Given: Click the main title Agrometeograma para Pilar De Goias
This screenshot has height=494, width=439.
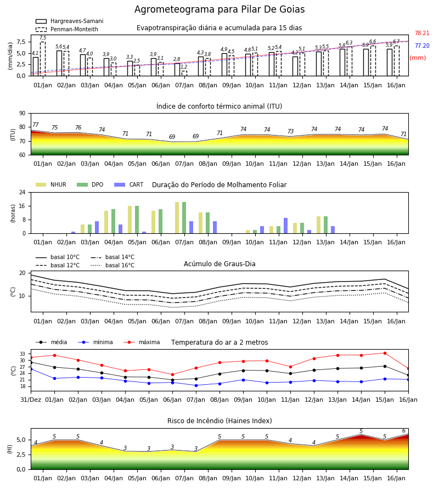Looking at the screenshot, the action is pos(219,9).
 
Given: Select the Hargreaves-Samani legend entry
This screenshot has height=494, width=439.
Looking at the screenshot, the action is pos(69,21).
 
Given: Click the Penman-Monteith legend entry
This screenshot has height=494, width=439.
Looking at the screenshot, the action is pos(67,29).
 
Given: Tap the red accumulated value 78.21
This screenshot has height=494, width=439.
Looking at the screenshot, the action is pos(422,33).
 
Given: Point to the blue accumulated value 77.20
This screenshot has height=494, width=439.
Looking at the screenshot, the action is pos(422,46).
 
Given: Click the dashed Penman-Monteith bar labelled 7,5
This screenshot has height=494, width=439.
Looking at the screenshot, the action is pos(43,59).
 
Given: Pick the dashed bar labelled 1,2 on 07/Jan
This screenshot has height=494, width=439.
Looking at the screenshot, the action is pos(184,74).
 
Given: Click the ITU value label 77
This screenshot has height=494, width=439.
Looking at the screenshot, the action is pos(36,125).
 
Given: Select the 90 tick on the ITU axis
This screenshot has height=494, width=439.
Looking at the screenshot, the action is pos(22,114).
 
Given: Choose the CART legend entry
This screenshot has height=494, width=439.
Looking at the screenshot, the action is pos(129,184).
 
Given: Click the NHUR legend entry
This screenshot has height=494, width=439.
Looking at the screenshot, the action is pos(51,184).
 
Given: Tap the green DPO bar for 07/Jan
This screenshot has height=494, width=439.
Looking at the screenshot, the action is pos(184,218).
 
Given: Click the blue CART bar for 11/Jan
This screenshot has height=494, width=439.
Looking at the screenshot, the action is pos(286,226).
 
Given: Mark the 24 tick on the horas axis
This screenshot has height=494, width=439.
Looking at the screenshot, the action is pos(22,192).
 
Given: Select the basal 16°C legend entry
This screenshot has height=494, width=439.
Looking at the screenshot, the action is pos(112,265).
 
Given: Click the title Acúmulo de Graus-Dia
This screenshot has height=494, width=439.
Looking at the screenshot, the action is pos(219,263).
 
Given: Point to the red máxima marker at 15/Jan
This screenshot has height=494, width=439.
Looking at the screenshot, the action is pos(385,353).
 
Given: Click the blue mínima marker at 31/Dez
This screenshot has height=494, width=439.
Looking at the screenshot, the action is pos(31,369).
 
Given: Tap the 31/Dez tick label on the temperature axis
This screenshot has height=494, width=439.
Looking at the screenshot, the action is pos(31,400).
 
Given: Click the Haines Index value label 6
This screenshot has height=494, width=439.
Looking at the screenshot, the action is pos(404,431).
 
